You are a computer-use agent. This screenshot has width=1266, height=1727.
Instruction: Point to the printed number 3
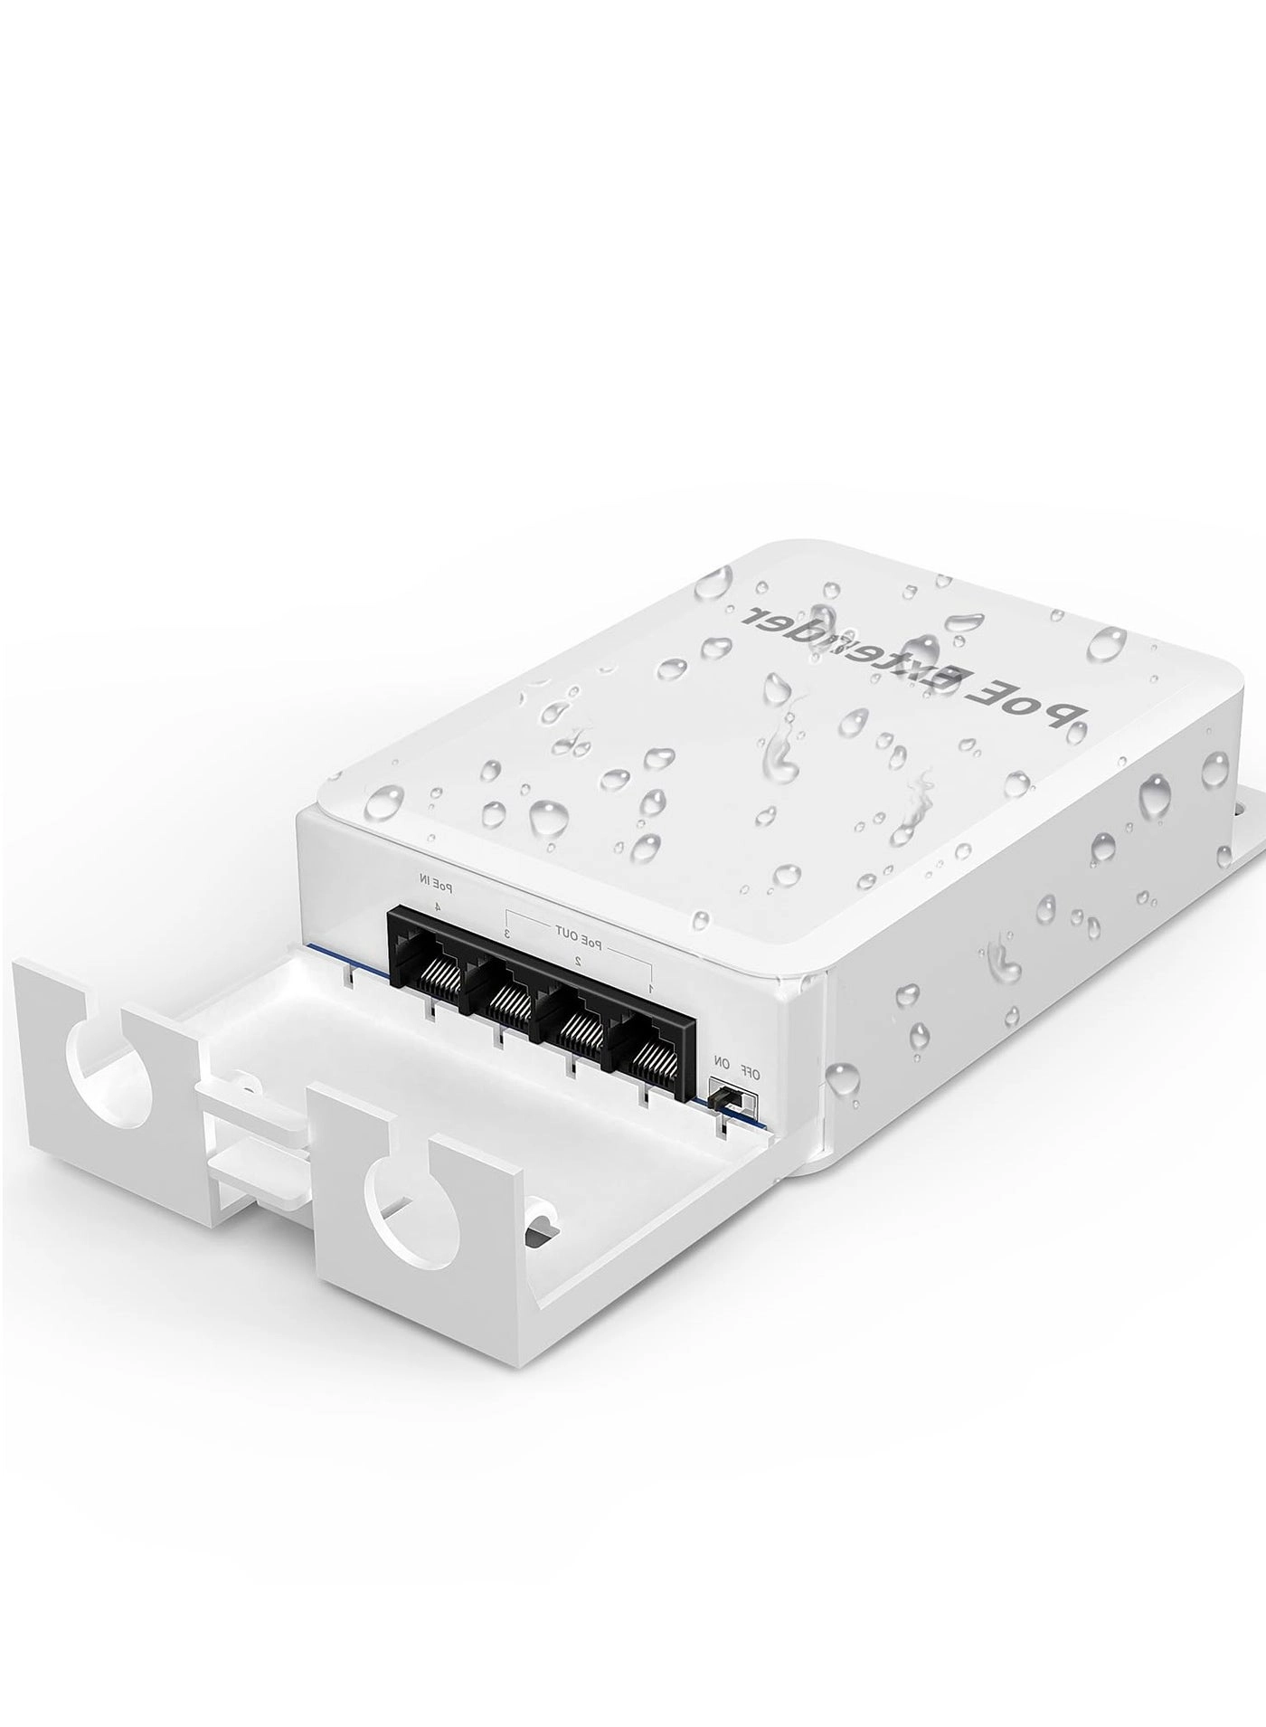(508, 933)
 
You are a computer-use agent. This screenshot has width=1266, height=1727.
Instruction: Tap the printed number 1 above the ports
(650, 988)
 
